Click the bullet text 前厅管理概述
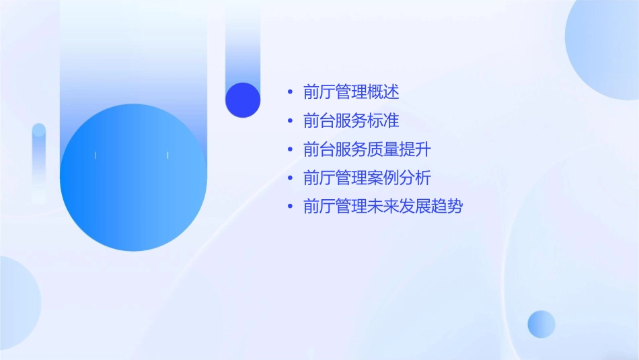pyautogui.click(x=351, y=92)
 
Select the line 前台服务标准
pyautogui.click(x=351, y=121)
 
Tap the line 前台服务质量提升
pyautogui.click(x=367, y=149)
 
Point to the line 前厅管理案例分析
pyautogui.click(x=367, y=178)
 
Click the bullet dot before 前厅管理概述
pyautogui.click(x=290, y=92)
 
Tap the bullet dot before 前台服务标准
pyautogui.click(x=290, y=121)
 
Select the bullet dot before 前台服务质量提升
pyautogui.click(x=290, y=149)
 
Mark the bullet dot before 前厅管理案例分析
pyautogui.click(x=290, y=178)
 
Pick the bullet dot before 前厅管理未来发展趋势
pyautogui.click(x=290, y=207)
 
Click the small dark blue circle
pyautogui.click(x=243, y=100)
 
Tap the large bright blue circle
pyautogui.click(x=133, y=178)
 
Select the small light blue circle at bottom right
pyautogui.click(x=541, y=324)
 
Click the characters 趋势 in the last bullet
pyautogui.click(x=447, y=207)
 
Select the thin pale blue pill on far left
pyautogui.click(x=39, y=161)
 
